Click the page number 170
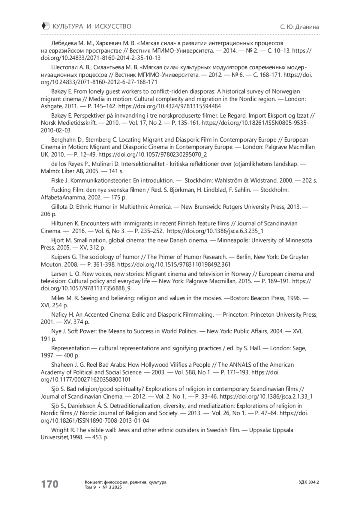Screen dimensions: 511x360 (x=50, y=484)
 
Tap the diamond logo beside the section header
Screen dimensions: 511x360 (x=45, y=26)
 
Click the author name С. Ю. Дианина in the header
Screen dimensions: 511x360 (x=299, y=27)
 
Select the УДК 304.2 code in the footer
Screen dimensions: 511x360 (x=309, y=482)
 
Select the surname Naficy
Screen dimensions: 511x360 (x=59, y=315)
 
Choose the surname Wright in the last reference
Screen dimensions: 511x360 (x=59, y=430)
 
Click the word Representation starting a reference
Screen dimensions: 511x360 (x=70, y=348)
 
